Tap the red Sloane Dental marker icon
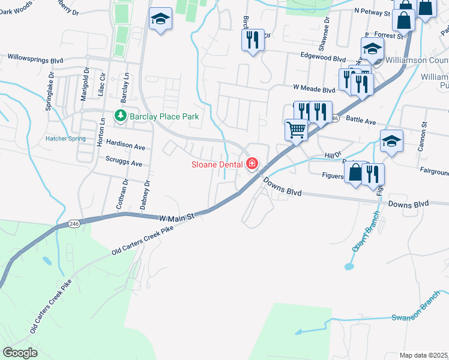click(252, 163)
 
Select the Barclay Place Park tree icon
click(120, 116)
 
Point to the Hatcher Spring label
click(65, 139)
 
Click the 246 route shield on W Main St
click(74, 224)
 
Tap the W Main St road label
click(177, 217)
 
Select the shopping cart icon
click(295, 129)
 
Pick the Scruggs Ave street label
click(122, 163)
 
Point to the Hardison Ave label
click(125, 146)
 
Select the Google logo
click(20, 353)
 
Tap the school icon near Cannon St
click(391, 141)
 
